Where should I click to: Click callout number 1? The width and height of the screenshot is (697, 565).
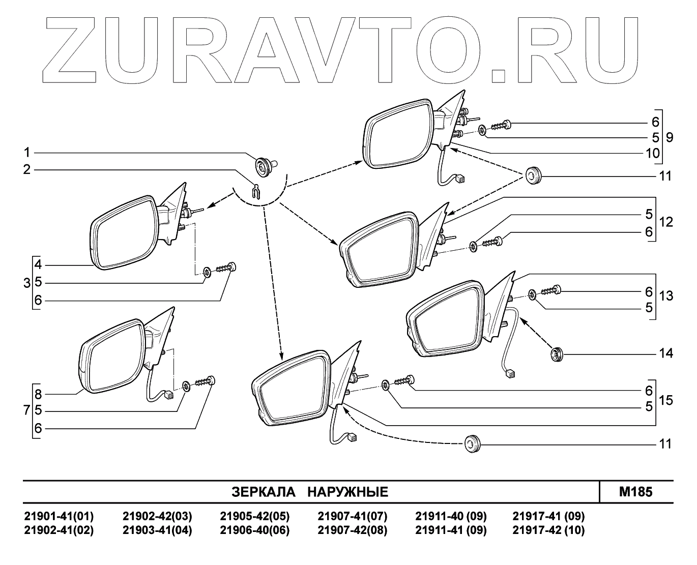pyautogui.click(x=27, y=153)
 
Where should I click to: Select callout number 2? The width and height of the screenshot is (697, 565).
pyautogui.click(x=27, y=169)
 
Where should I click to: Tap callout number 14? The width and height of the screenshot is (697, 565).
pyautogui.click(x=666, y=353)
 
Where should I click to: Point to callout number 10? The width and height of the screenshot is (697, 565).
pyautogui.click(x=652, y=153)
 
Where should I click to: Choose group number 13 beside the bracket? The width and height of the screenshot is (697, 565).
pyautogui.click(x=666, y=295)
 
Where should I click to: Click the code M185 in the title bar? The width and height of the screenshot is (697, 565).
pyautogui.click(x=635, y=492)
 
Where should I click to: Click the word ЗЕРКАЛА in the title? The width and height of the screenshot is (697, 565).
pyautogui.click(x=263, y=492)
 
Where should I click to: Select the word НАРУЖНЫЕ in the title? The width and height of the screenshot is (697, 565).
pyautogui.click(x=348, y=492)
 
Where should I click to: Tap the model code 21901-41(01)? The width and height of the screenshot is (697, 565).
pyautogui.click(x=59, y=517)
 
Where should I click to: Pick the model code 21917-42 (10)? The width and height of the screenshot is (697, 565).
pyautogui.click(x=548, y=530)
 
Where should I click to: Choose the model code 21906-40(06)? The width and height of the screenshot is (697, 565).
pyautogui.click(x=254, y=530)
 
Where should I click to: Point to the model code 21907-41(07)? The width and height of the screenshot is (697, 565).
pyautogui.click(x=352, y=517)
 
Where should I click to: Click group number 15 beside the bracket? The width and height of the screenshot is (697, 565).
pyautogui.click(x=666, y=400)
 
